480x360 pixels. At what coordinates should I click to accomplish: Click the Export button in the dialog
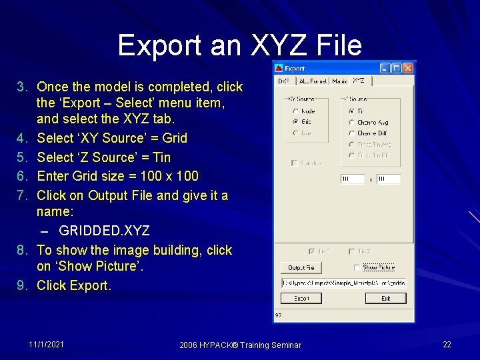click(301, 298)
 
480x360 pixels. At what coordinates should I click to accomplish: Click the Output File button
click(301, 267)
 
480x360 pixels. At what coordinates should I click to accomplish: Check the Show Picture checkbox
click(357, 267)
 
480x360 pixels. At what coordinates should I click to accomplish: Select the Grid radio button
click(295, 122)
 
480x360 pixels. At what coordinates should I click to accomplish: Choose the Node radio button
click(295, 111)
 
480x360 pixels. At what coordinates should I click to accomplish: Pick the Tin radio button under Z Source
click(351, 111)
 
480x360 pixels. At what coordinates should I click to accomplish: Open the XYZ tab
click(359, 81)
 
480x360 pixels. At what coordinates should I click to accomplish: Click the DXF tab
click(284, 81)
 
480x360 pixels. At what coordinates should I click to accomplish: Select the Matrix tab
click(339, 81)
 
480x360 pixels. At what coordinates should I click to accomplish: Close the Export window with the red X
click(407, 68)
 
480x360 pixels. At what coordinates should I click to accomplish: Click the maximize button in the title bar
click(396, 68)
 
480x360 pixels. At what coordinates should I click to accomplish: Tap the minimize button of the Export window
click(385, 68)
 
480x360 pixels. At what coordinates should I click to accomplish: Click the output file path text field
click(343, 283)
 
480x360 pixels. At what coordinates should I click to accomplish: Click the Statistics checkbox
click(294, 163)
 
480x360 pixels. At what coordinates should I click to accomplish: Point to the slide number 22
click(447, 344)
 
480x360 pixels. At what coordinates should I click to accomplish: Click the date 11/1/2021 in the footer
click(47, 344)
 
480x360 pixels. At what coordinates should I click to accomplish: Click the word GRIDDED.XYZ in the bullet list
click(104, 231)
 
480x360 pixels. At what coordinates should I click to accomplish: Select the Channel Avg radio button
click(351, 123)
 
